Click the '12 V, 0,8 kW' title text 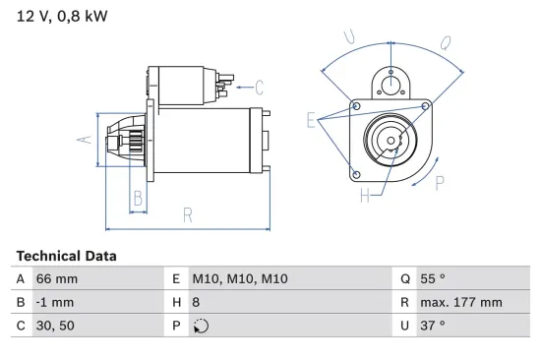click(x=58, y=16)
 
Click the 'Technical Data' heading click(x=66, y=255)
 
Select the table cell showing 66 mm click(x=56, y=278)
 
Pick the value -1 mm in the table click(x=55, y=302)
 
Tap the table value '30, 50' click(x=54, y=326)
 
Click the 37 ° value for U click(x=434, y=326)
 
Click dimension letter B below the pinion click(x=138, y=198)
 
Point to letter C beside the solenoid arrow click(x=260, y=86)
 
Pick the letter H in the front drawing click(x=366, y=196)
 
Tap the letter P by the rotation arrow click(x=440, y=181)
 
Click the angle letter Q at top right click(x=445, y=42)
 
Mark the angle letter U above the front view click(x=350, y=36)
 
